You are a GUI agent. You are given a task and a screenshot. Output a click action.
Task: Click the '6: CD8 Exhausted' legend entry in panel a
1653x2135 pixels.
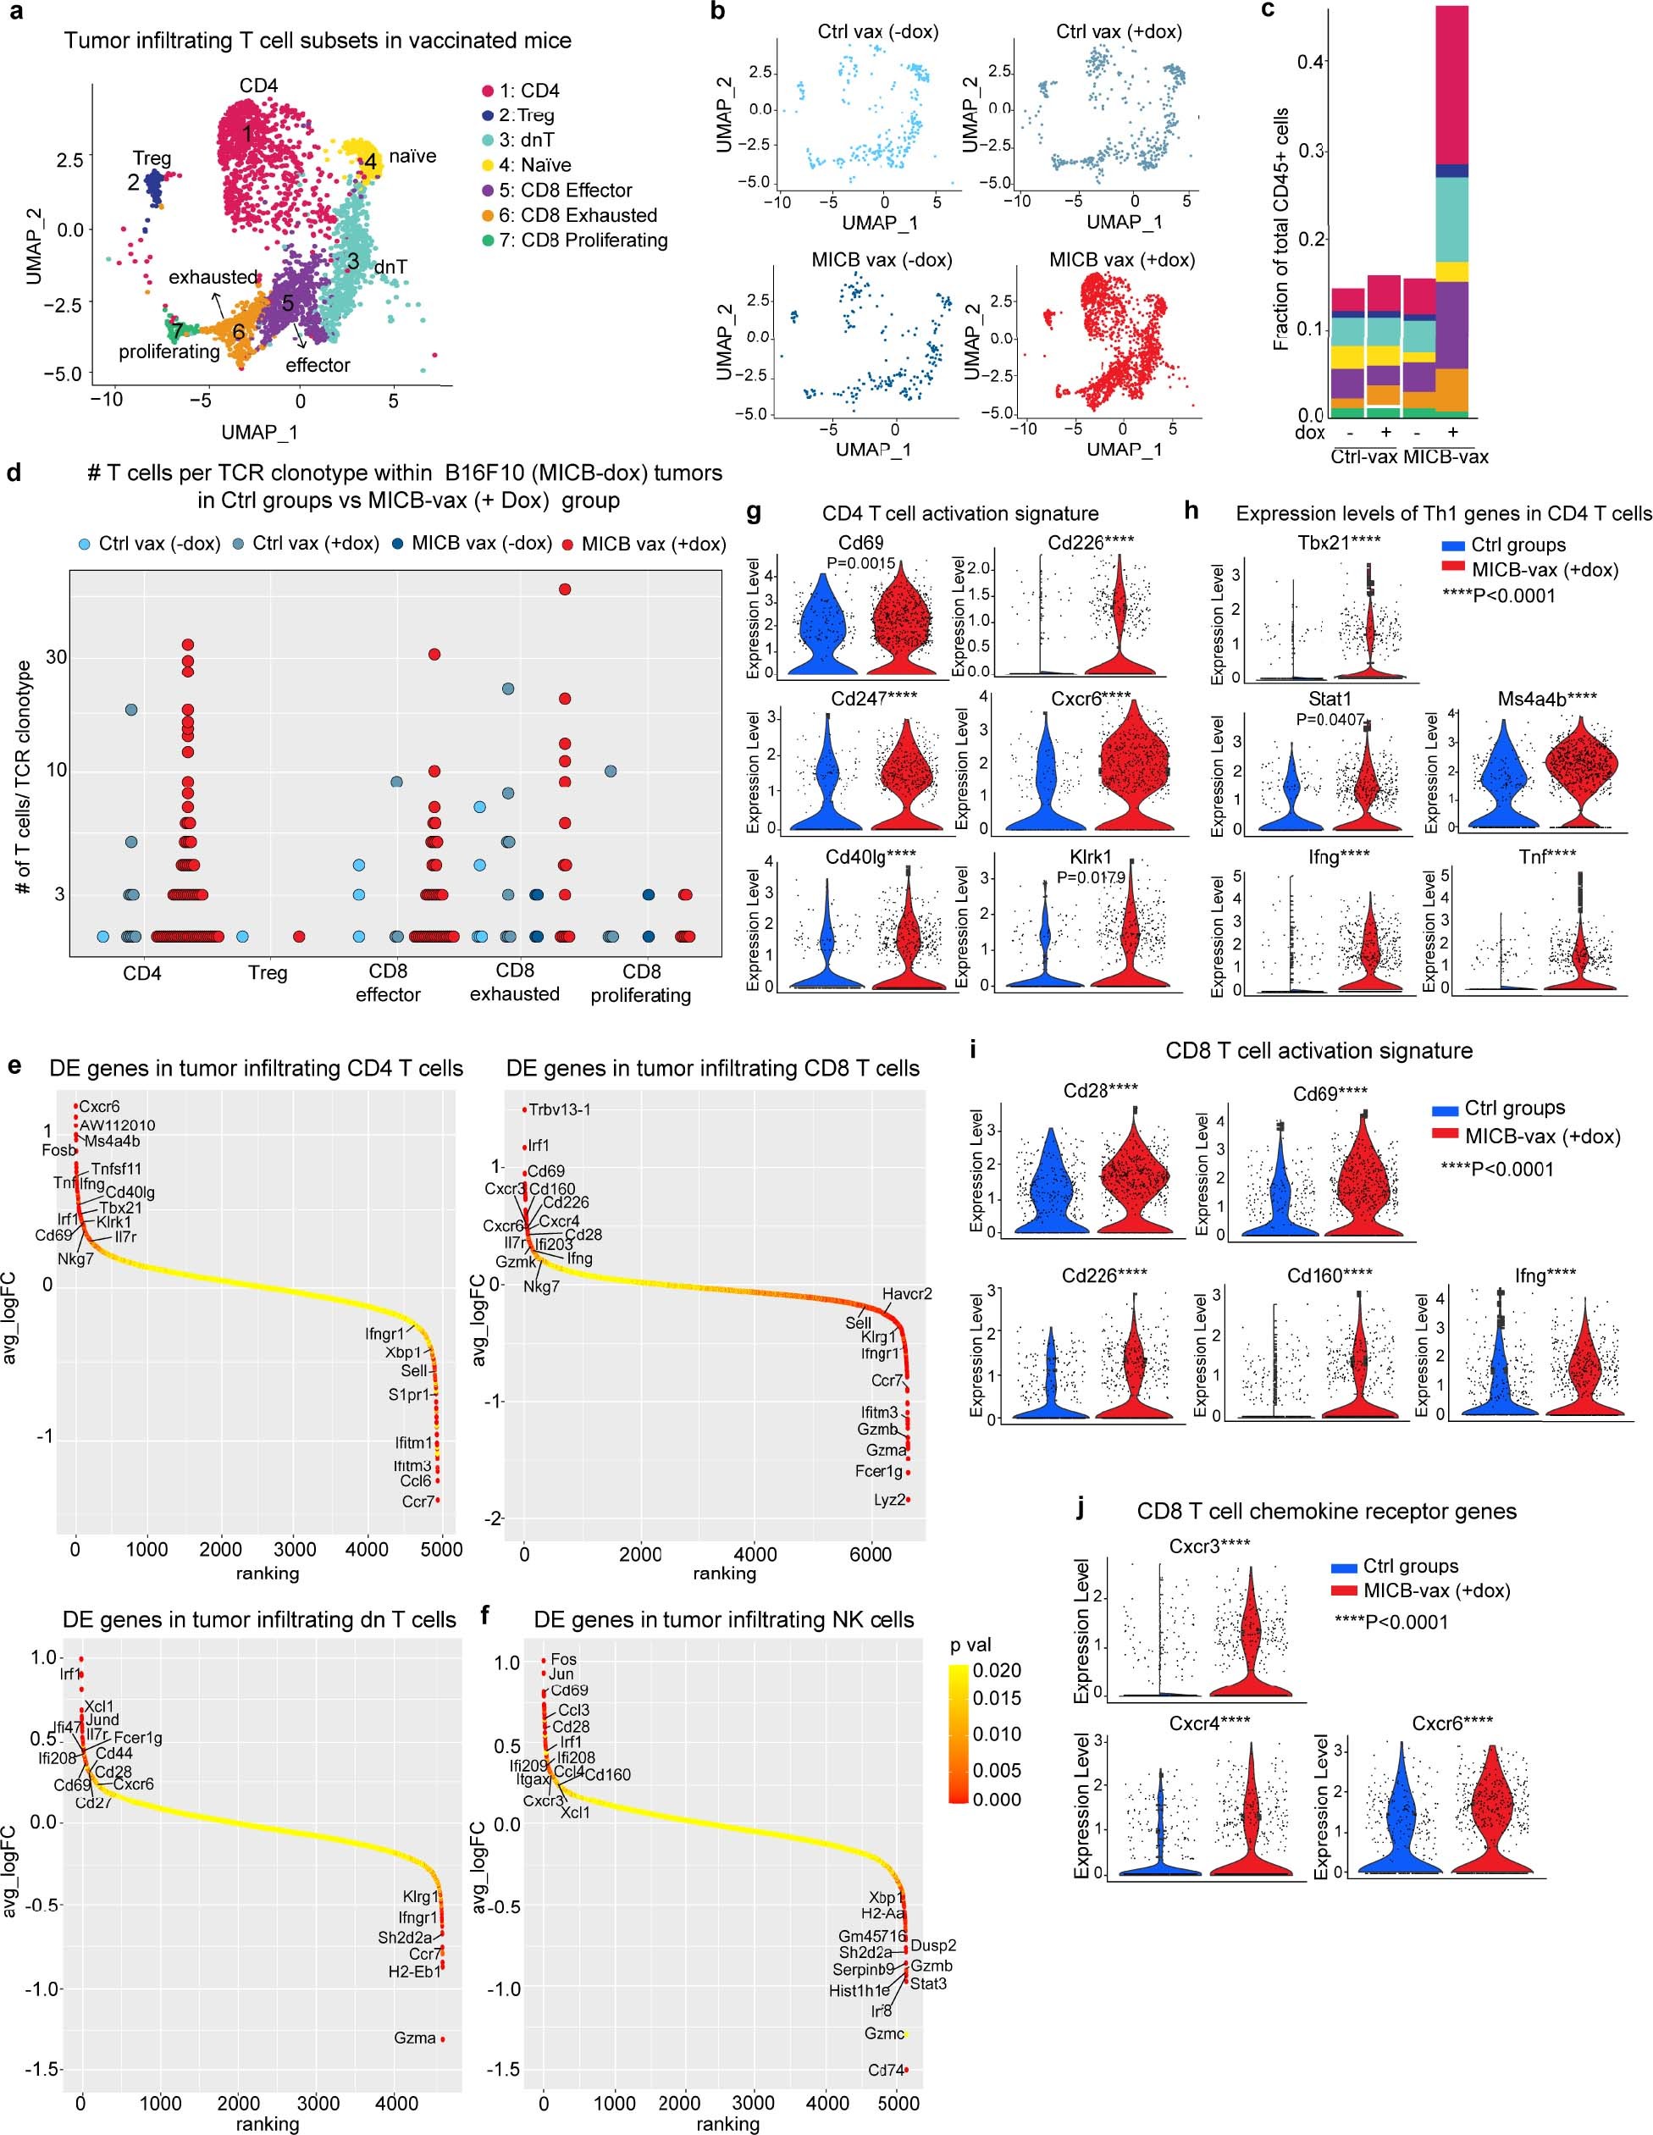pyautogui.click(x=577, y=215)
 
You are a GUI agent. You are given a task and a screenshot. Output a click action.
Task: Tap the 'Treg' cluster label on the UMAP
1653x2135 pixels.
pyautogui.click(x=152, y=158)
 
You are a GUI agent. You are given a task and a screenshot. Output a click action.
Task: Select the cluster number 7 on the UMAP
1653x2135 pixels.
pyautogui.click(x=176, y=332)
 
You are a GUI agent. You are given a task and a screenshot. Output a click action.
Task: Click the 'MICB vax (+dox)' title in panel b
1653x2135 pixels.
pyautogui.click(x=1122, y=260)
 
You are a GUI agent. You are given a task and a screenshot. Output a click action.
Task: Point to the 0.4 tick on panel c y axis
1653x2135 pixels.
pyautogui.click(x=1311, y=61)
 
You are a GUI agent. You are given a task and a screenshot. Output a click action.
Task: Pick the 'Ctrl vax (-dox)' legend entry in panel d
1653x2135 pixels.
pyautogui.click(x=148, y=544)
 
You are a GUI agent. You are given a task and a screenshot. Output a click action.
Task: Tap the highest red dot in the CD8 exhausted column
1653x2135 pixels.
pyautogui.click(x=564, y=589)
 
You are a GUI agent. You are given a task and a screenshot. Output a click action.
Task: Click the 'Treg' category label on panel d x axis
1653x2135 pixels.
pyautogui.click(x=268, y=973)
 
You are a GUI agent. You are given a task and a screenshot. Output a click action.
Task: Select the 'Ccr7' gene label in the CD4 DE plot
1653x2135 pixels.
pyautogui.click(x=417, y=1501)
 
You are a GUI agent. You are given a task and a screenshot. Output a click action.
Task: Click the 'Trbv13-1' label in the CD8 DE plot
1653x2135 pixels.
pyautogui.click(x=561, y=1109)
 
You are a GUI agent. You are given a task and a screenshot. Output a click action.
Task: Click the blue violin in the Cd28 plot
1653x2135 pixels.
pyautogui.click(x=1049, y=1192)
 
